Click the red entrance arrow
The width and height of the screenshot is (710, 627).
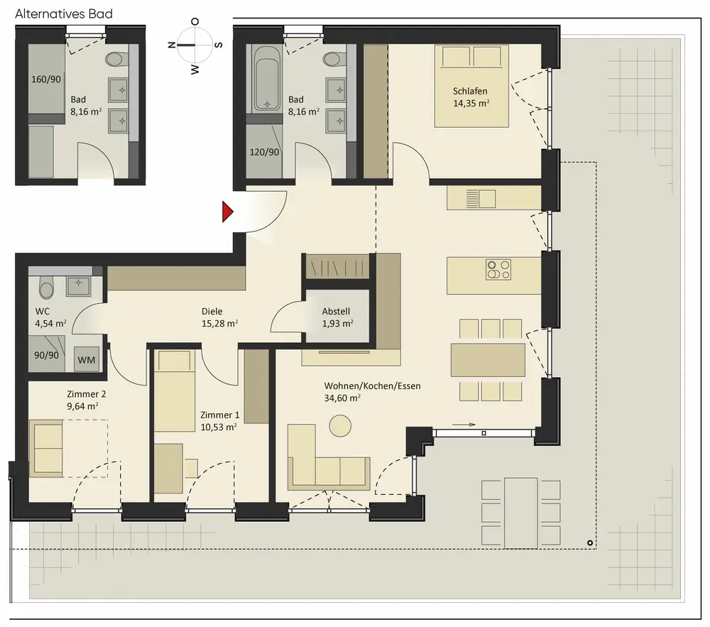tap(227, 212)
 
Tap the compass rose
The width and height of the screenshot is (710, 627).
tap(195, 45)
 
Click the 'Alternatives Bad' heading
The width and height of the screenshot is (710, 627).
tap(64, 13)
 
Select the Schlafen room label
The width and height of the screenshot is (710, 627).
tap(470, 91)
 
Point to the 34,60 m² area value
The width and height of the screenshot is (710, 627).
tap(342, 398)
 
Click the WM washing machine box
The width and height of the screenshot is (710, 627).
tap(87, 360)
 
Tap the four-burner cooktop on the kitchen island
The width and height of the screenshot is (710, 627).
tap(498, 269)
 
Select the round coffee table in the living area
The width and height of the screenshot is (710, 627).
tap(340, 425)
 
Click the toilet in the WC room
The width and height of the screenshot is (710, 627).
tap(46, 287)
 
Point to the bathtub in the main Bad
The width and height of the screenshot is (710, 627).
tap(267, 78)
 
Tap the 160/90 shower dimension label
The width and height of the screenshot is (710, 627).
tap(45, 80)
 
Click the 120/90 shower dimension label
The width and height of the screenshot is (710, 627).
tap(264, 152)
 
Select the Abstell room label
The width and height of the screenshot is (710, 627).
tap(336, 312)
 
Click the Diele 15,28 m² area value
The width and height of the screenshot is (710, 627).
tap(219, 324)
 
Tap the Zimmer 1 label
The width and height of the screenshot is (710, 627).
tap(219, 415)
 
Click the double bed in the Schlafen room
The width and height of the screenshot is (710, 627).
tap(471, 85)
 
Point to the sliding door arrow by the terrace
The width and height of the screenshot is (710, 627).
tap(464, 425)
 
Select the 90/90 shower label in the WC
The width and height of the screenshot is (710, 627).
tap(47, 355)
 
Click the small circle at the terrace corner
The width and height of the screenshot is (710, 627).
tap(590, 543)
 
